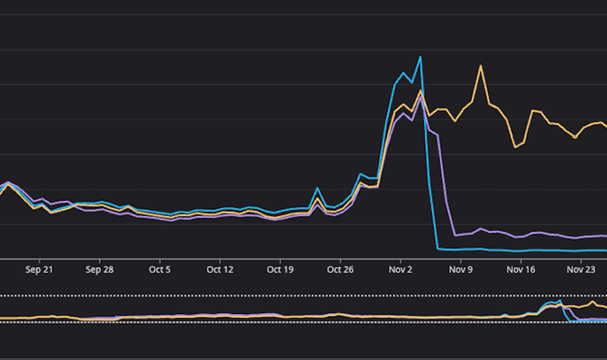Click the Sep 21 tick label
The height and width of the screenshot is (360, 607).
[39, 269]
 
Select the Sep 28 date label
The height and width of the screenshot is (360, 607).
[99, 269]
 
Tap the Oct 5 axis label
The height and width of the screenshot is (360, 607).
[160, 269]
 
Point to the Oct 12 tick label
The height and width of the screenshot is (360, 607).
[219, 269]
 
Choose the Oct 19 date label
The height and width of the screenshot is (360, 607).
[280, 269]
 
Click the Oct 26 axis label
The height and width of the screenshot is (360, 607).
[340, 269]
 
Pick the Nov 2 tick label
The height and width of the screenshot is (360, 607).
[401, 269]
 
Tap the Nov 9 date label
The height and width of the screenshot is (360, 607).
[461, 269]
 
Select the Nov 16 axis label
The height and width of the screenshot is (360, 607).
[521, 269]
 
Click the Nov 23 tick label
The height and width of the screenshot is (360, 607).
[581, 269]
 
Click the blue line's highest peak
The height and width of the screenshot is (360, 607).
[420, 57]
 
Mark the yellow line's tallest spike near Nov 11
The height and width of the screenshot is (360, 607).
[481, 66]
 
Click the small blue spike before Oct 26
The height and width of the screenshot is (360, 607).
[318, 188]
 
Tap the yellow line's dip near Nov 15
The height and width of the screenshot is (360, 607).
[516, 147]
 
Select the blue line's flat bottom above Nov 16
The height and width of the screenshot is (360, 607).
[521, 251]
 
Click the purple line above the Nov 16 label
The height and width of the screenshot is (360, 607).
[521, 237]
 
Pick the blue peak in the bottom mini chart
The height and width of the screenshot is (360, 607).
[560, 300]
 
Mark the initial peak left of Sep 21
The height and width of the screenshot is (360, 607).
[8, 182]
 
